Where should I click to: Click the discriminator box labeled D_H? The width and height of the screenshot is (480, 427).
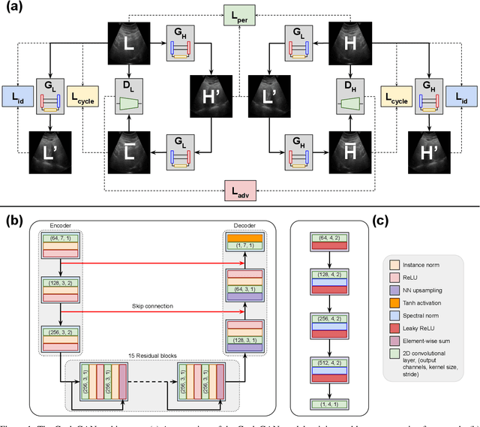[x=351, y=93]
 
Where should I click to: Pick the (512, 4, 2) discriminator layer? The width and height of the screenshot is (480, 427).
[x=328, y=365]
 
